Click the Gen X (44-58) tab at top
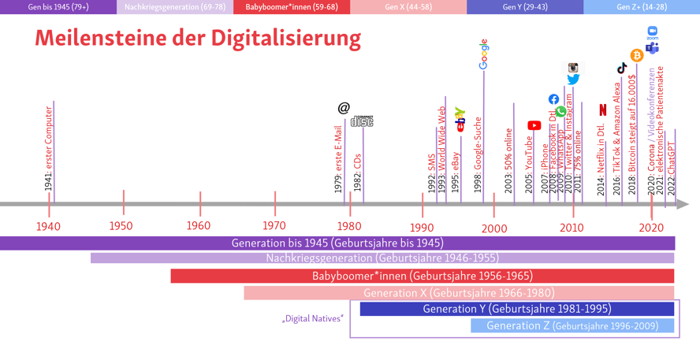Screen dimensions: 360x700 click(x=408, y=7)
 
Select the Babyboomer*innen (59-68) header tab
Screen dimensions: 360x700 click(x=292, y=7)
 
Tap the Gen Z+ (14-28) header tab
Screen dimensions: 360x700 click(x=642, y=7)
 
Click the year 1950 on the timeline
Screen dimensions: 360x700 click(x=121, y=227)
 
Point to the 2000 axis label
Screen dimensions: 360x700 click(x=494, y=228)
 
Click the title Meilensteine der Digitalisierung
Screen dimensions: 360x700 click(x=198, y=38)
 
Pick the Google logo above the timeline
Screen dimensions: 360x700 click(x=484, y=54)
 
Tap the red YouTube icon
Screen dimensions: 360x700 click(x=534, y=125)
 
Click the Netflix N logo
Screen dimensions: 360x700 click(x=603, y=109)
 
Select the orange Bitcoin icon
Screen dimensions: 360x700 click(x=637, y=56)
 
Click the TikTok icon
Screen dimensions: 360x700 click(x=622, y=69)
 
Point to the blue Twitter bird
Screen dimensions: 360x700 click(x=573, y=80)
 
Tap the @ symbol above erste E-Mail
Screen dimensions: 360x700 click(x=344, y=108)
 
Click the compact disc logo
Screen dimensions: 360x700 click(x=362, y=121)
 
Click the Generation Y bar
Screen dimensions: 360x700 click(x=516, y=309)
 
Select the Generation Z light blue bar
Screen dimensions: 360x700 click(x=572, y=325)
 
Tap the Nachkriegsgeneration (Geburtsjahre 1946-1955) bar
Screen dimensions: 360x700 click(x=382, y=258)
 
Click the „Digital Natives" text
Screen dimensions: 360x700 click(x=313, y=319)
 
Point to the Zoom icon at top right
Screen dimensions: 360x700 click(x=653, y=32)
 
